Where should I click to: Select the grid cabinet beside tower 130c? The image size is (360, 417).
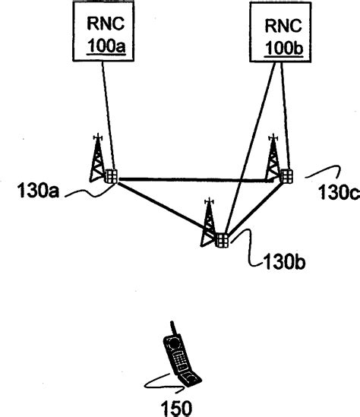(286, 175)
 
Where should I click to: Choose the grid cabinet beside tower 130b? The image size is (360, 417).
(222, 240)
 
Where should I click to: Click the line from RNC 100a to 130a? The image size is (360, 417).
(108, 114)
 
